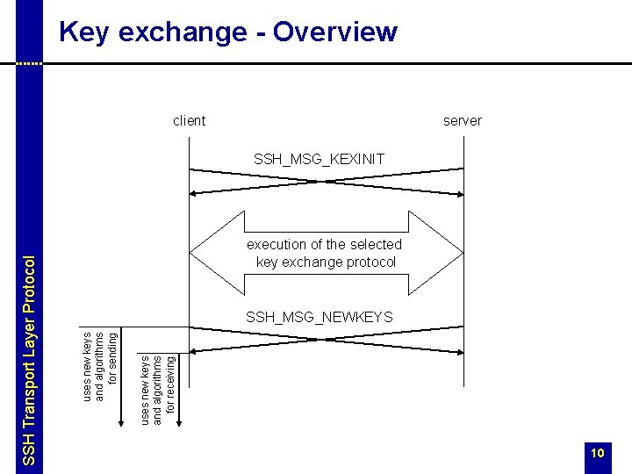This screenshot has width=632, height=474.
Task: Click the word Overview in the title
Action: (335, 32)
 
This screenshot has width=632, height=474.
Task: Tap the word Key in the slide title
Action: (79, 32)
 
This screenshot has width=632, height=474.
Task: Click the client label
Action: (190, 120)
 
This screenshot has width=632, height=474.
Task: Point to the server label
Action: (463, 120)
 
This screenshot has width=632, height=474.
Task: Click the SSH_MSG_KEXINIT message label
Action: (319, 159)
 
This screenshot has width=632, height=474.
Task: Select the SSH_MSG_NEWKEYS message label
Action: (320, 316)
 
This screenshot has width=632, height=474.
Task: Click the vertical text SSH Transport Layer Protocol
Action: (29, 360)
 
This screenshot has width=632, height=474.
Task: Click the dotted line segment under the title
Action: (29, 64)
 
